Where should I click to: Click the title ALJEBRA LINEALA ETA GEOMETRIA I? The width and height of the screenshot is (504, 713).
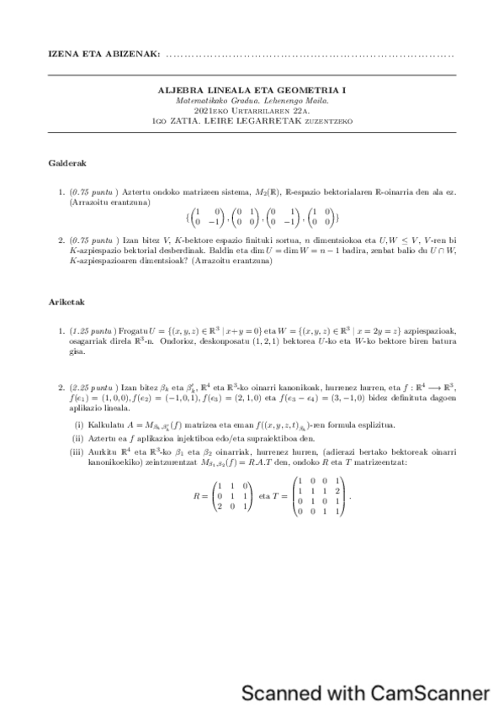tap(252, 89)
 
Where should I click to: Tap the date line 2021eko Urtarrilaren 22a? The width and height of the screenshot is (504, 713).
tap(252, 110)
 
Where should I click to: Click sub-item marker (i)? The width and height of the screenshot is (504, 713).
tap(79, 425)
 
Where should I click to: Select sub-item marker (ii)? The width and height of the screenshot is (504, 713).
tap(79, 438)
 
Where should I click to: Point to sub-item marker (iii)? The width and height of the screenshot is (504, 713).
tap(79, 452)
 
